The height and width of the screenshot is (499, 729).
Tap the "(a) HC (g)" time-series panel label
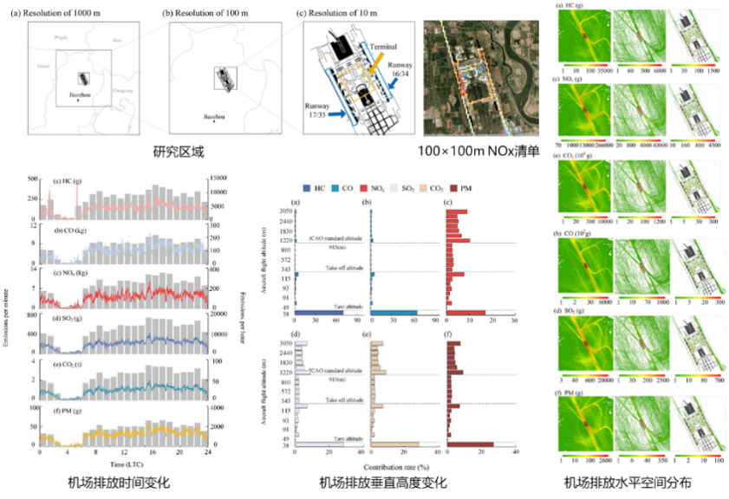coord(68,182)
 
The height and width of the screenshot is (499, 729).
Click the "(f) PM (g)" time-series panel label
coord(68,410)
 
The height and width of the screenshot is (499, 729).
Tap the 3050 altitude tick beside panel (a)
coord(283,211)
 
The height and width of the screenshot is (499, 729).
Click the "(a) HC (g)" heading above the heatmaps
coord(572,8)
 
